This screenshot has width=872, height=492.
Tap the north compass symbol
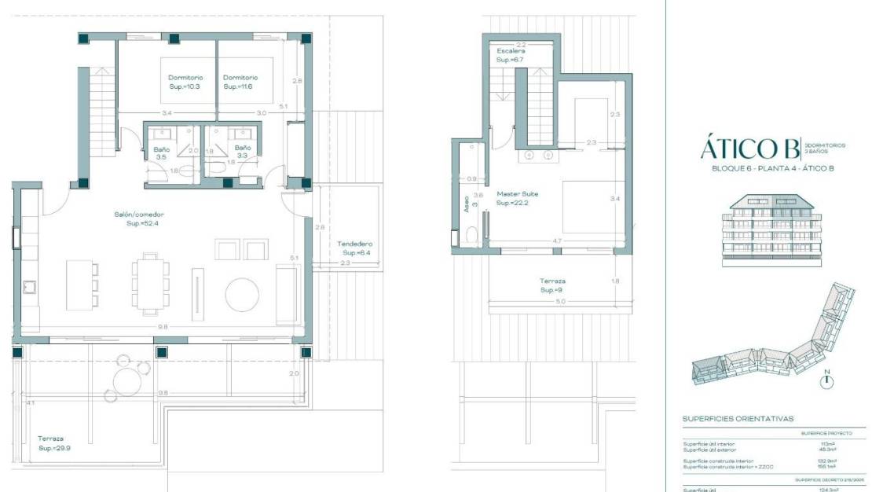[826, 381]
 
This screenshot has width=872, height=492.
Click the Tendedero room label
[354, 248]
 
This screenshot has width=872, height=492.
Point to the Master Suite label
[516, 198]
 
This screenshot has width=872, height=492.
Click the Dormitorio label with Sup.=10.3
[185, 83]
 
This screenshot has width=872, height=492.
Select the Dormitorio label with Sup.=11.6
[240, 83]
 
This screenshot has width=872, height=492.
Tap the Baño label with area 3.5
[162, 152]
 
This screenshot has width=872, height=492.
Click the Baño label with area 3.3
[242, 152]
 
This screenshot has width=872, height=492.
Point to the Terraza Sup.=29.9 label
[54, 443]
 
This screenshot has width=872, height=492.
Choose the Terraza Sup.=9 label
[552, 285]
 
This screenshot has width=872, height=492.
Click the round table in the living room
[242, 296]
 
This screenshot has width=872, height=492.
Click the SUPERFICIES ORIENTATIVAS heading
[738, 419]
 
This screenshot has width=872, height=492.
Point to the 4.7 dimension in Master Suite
[555, 240]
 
